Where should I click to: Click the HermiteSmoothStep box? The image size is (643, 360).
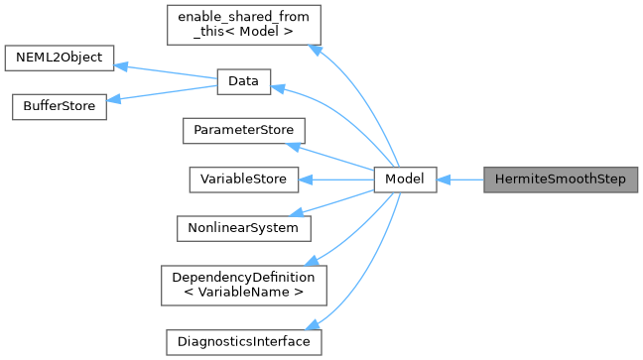point(561,180)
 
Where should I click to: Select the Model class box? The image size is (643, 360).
point(405,180)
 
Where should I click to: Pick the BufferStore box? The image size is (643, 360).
point(58,107)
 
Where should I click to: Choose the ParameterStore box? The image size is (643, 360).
point(243,130)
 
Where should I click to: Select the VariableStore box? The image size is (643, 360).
point(243,180)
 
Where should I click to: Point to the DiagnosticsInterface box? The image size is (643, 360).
point(243,341)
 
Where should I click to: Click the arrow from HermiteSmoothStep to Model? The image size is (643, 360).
point(459,180)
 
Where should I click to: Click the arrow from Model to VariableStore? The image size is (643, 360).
point(337,180)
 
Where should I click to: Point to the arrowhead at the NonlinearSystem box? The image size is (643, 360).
point(307,211)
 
